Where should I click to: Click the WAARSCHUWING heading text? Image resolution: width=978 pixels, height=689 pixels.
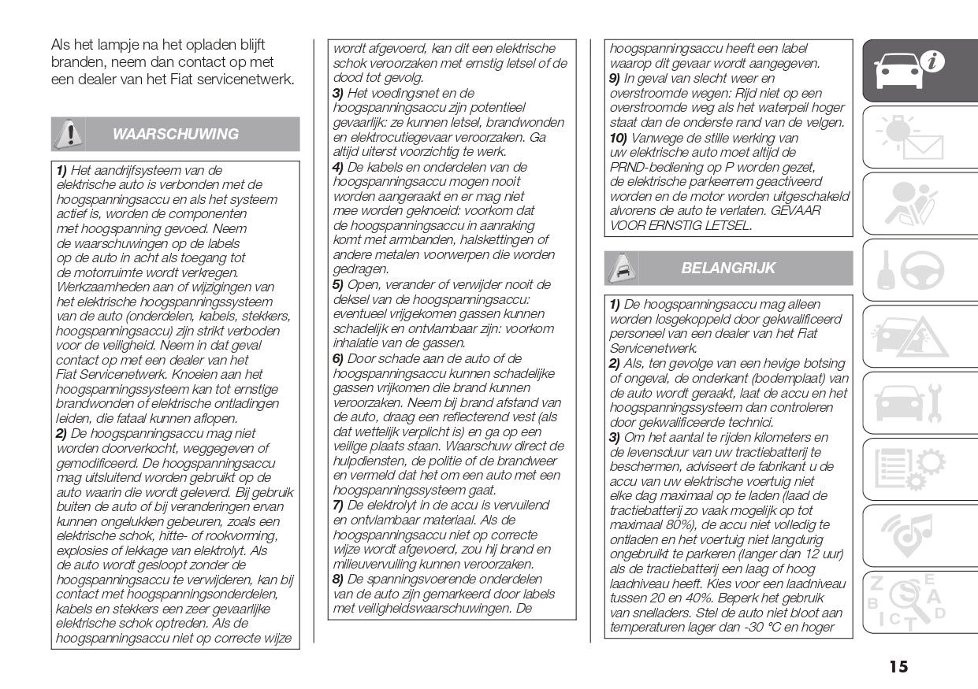point(175,134)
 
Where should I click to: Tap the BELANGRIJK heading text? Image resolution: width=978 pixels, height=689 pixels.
point(728,268)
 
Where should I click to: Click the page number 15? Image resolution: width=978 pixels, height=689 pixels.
point(898,667)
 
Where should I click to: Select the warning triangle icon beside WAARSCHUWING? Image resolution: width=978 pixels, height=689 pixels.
point(69,134)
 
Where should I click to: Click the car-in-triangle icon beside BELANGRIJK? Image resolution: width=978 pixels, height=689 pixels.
point(620,269)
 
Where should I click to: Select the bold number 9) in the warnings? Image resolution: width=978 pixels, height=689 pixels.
point(615,78)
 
